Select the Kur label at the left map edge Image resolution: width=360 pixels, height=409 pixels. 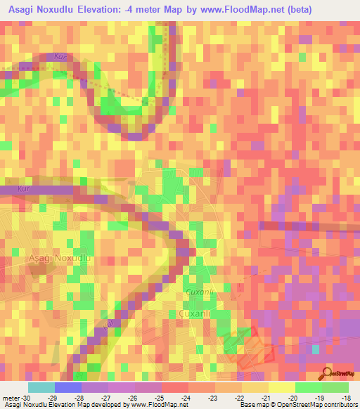click(x=6, y=189)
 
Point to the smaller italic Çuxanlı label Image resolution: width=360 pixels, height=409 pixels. click(x=197, y=291)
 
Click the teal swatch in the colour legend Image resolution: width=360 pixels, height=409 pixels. click(x=41, y=388)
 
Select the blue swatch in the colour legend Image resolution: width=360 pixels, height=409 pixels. click(x=67, y=388)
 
